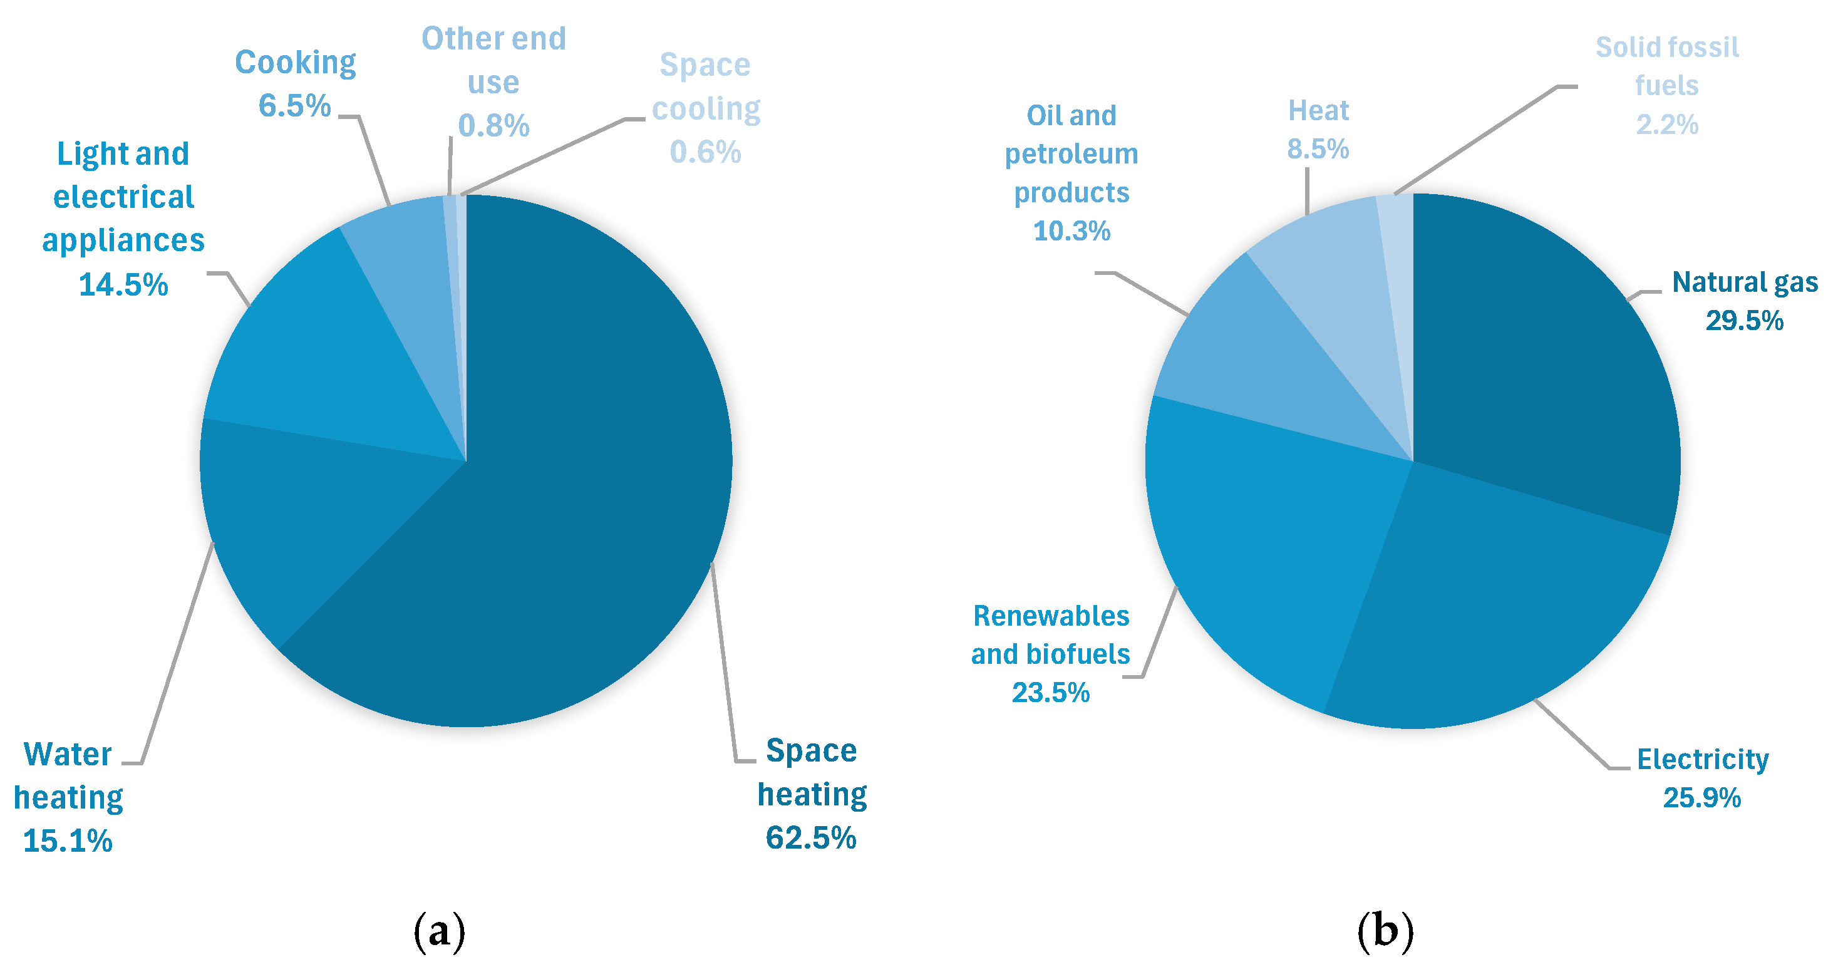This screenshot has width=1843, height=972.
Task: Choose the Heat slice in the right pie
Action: (x=1338, y=286)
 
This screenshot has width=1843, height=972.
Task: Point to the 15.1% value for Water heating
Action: (x=68, y=841)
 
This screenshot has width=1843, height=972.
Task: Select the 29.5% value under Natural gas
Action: (x=1744, y=321)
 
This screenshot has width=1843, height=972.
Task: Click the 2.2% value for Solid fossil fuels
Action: (x=1667, y=125)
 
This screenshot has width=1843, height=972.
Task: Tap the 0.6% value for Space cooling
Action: (x=705, y=152)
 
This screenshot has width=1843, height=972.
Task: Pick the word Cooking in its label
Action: (x=296, y=63)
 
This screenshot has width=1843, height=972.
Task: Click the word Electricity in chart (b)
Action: (x=1703, y=760)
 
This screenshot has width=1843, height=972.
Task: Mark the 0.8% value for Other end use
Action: (x=493, y=126)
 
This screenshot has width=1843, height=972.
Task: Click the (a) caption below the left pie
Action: (x=439, y=931)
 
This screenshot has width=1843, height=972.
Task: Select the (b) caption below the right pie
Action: (x=1385, y=931)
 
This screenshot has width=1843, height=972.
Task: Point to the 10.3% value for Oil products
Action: (x=1071, y=231)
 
